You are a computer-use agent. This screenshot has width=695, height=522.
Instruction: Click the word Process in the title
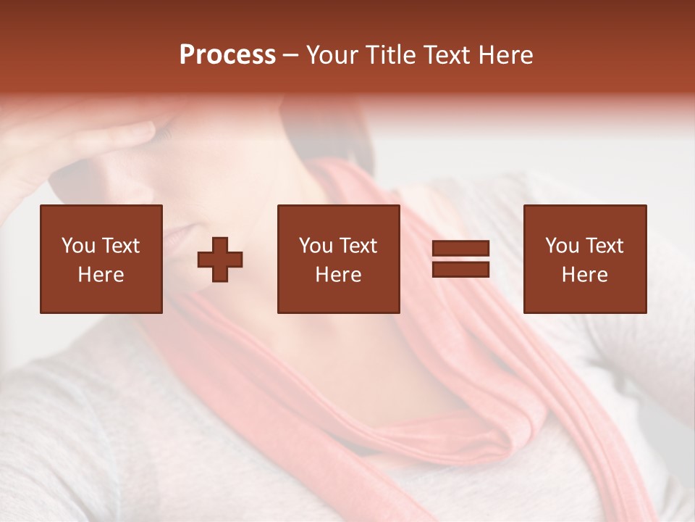pyautogui.click(x=227, y=55)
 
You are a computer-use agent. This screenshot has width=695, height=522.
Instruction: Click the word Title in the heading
pyautogui.click(x=390, y=55)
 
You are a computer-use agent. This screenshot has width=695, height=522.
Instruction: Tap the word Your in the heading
pyautogui.click(x=334, y=55)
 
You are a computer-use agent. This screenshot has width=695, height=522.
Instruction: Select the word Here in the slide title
pyautogui.click(x=505, y=55)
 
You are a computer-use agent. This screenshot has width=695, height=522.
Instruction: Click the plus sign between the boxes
pyautogui.click(x=220, y=259)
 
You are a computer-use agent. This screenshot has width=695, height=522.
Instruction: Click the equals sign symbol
pyautogui.click(x=460, y=259)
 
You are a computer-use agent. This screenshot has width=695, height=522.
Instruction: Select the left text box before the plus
pyautogui.click(x=101, y=259)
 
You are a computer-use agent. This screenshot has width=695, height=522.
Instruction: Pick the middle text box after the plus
pyautogui.click(x=338, y=259)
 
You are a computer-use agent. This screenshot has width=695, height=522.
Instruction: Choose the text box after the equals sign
pyautogui.click(x=584, y=259)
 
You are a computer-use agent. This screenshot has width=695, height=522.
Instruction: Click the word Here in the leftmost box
pyautogui.click(x=101, y=275)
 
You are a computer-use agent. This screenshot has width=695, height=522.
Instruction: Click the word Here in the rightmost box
pyautogui.click(x=584, y=275)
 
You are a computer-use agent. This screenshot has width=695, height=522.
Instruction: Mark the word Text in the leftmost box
pyautogui.click(x=121, y=246)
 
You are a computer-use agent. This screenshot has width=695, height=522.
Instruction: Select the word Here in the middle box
pyautogui.click(x=338, y=275)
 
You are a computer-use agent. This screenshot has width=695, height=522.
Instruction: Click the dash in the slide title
pyautogui.click(x=290, y=56)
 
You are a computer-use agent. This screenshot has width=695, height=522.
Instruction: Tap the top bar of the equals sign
pyautogui.click(x=460, y=249)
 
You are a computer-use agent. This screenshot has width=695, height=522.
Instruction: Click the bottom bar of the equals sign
pyautogui.click(x=460, y=269)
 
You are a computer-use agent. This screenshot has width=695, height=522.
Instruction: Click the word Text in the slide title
pyautogui.click(x=446, y=55)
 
